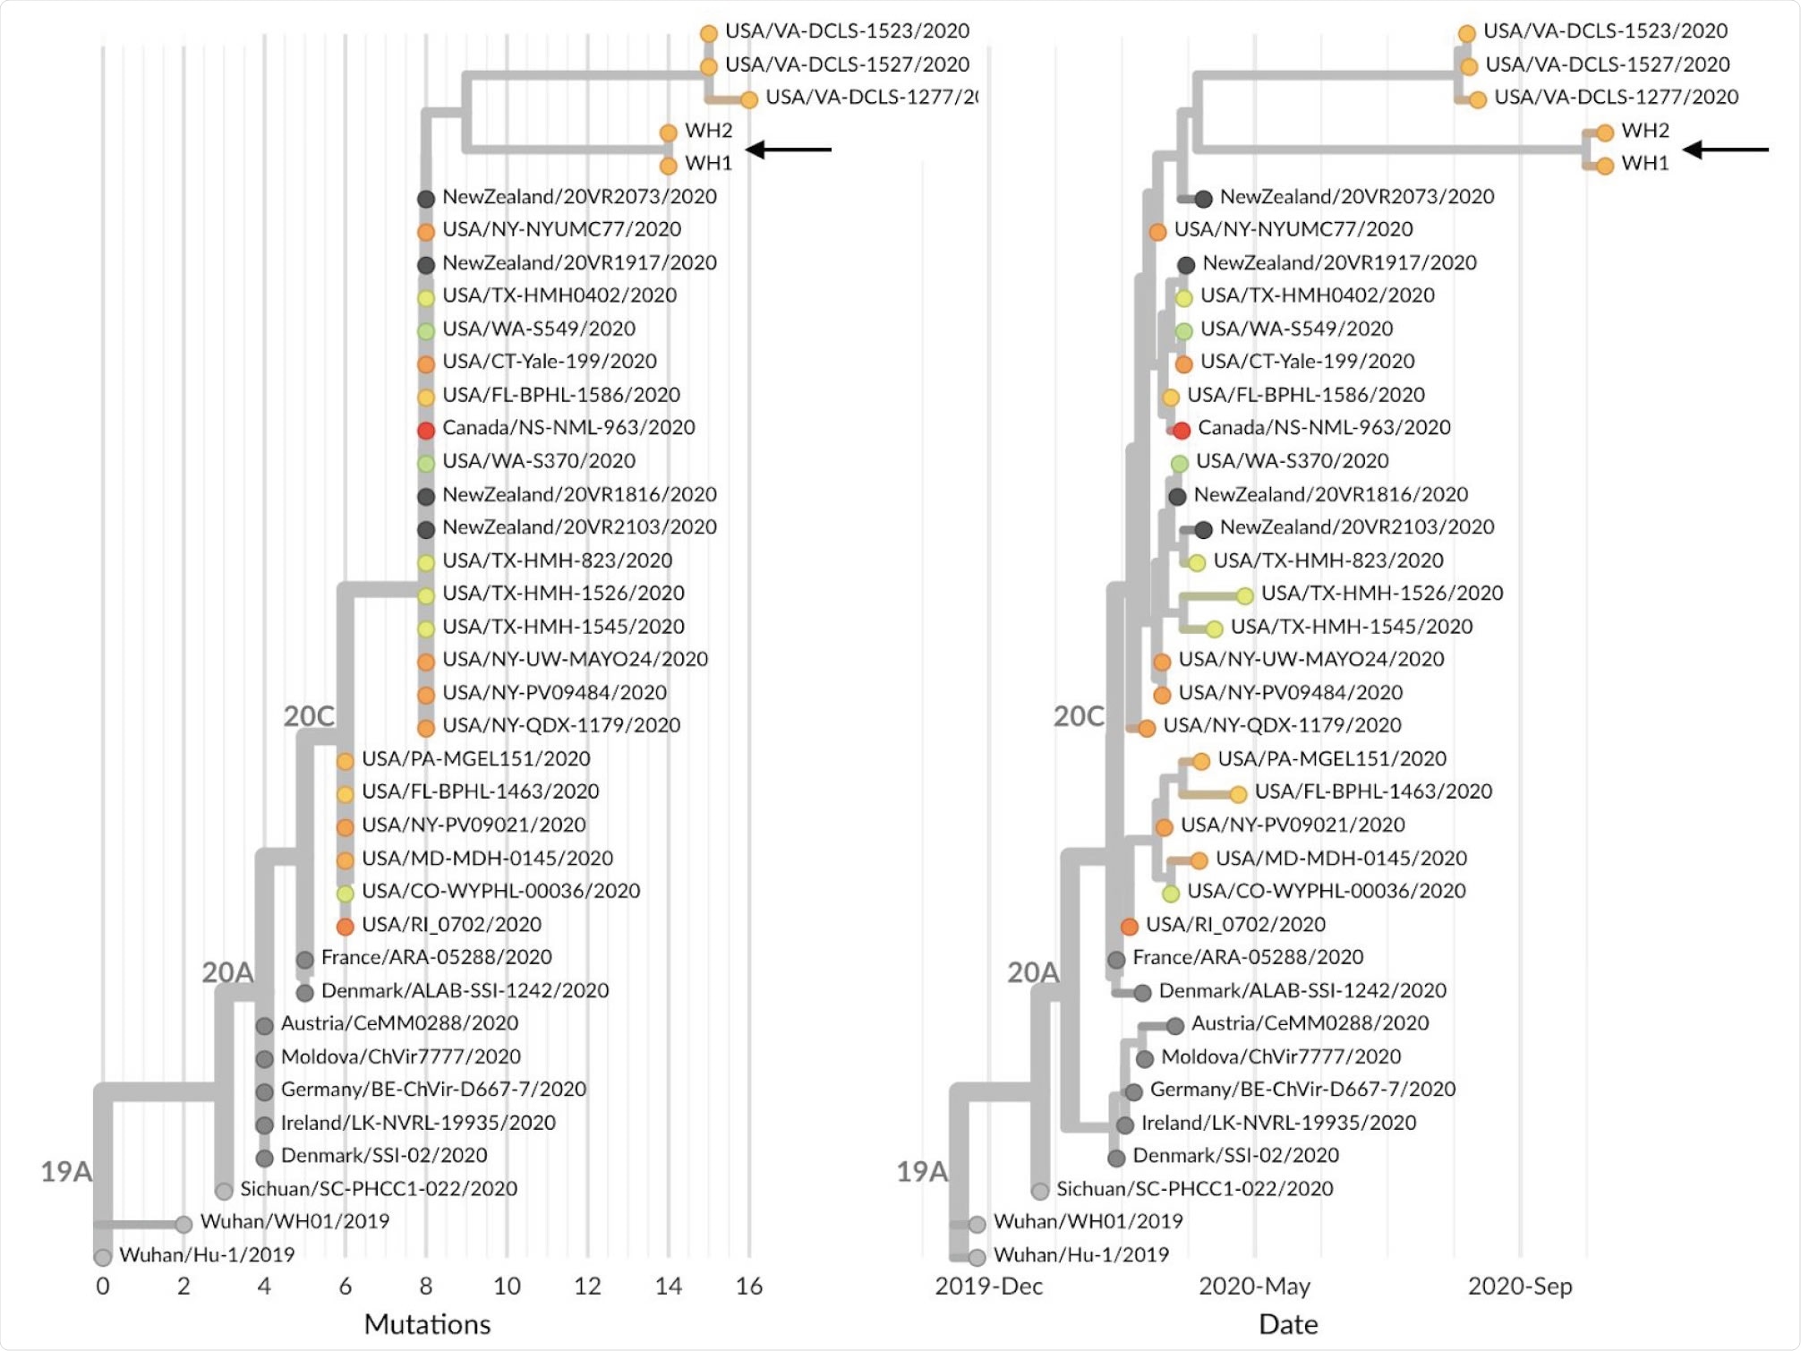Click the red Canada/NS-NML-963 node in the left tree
click(426, 430)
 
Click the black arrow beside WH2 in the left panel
click(789, 150)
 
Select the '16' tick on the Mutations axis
click(748, 1286)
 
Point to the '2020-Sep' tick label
click(1519, 1286)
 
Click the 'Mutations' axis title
click(427, 1324)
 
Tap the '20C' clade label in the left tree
click(309, 716)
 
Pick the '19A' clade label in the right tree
click(921, 1171)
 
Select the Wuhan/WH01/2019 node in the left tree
click(184, 1224)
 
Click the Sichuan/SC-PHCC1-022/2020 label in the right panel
click(1194, 1189)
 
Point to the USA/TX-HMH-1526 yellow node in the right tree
click(1244, 595)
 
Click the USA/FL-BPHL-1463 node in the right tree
click(1237, 794)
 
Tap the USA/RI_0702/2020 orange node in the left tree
click(345, 927)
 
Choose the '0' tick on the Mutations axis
click(103, 1286)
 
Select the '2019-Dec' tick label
click(988, 1286)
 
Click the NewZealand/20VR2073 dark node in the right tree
click(1203, 199)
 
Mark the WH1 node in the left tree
click(668, 166)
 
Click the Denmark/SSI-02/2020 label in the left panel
click(384, 1155)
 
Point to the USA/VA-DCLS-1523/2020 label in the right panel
click(1605, 31)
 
